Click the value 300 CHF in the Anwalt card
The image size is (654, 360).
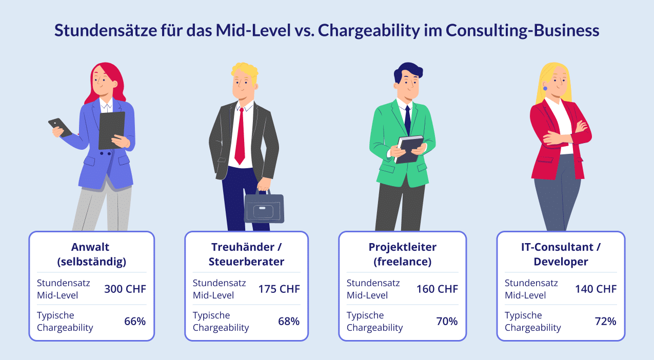[x=125, y=289]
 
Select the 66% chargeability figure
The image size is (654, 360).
[x=135, y=322]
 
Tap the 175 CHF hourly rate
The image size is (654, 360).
[x=279, y=289]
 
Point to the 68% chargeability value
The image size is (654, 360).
[x=289, y=322]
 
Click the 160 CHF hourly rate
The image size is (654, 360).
[x=437, y=289]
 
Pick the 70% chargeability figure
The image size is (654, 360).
[x=447, y=322]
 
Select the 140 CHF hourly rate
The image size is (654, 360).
[x=596, y=289]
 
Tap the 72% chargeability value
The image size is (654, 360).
[x=605, y=322]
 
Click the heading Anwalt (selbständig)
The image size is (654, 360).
[x=92, y=254]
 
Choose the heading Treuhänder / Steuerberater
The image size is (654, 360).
[x=246, y=254]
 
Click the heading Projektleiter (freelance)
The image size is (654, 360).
[x=402, y=254]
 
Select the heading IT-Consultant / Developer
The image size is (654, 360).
[x=560, y=254]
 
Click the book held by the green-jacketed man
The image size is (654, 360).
[x=409, y=149]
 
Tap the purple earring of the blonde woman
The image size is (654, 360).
[x=545, y=88]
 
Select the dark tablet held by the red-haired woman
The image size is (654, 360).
[x=111, y=130]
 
